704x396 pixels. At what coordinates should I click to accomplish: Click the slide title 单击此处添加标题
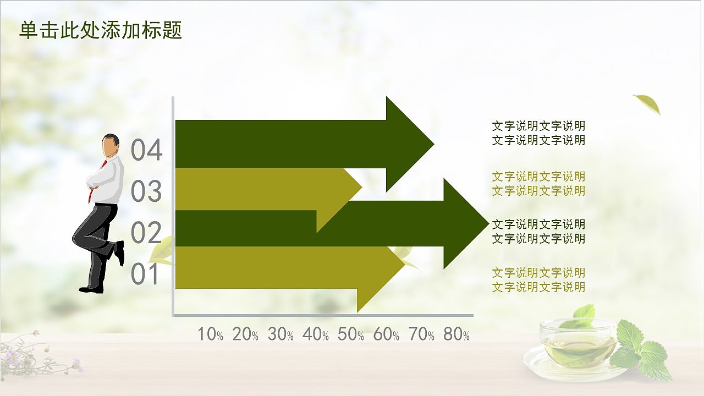101,31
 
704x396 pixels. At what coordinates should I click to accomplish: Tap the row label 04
147,151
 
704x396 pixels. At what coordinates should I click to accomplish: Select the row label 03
147,191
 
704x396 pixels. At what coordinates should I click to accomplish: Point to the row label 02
147,233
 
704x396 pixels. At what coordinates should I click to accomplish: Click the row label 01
147,274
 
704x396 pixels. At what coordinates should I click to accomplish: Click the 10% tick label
210,334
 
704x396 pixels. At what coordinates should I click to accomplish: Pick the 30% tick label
280,334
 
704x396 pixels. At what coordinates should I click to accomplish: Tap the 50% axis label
351,334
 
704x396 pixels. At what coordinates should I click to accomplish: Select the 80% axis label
457,334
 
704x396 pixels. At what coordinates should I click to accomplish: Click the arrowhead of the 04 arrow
407,144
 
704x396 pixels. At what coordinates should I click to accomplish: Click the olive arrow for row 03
258,189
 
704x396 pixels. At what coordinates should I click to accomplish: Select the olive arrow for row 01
275,267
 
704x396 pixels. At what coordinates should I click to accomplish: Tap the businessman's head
112,145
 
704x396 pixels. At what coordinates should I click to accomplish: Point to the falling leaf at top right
648,103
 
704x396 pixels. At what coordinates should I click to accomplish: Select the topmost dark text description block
538,133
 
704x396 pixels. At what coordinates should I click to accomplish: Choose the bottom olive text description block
538,279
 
